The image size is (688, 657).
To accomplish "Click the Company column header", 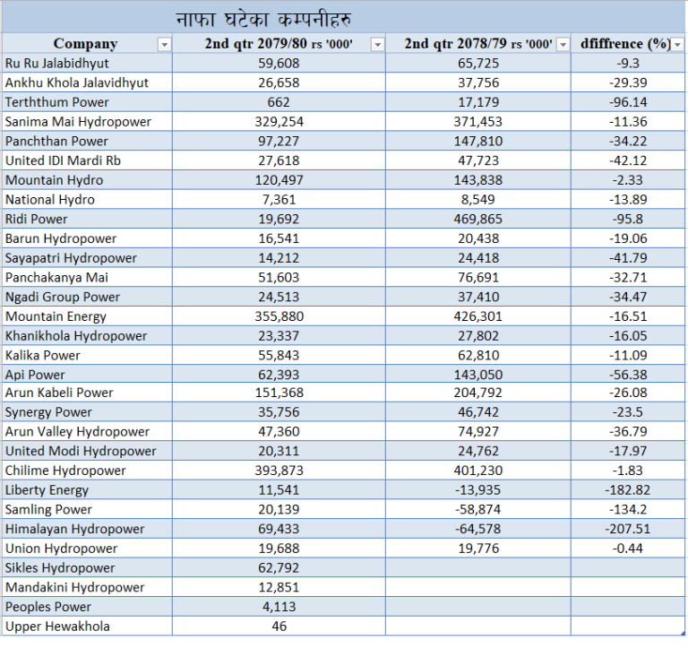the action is pyautogui.click(x=86, y=43).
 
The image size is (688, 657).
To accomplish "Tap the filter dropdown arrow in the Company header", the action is pyautogui.click(x=164, y=44).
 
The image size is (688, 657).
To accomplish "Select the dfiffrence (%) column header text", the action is pyautogui.click(x=625, y=43).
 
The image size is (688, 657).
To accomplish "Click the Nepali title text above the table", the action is pyautogui.click(x=263, y=20).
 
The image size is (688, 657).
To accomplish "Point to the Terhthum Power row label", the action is pyautogui.click(x=57, y=102).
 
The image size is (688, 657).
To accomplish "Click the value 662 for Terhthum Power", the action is pyautogui.click(x=279, y=102).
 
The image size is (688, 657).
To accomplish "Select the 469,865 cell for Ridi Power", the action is pyautogui.click(x=477, y=219).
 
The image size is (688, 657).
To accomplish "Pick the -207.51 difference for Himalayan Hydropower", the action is pyautogui.click(x=627, y=529).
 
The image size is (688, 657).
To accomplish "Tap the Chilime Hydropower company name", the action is pyautogui.click(x=65, y=471).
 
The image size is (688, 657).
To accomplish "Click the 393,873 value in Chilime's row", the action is pyautogui.click(x=279, y=471).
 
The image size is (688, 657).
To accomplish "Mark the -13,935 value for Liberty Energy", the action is pyautogui.click(x=477, y=489).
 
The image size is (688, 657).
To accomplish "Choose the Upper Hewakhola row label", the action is pyautogui.click(x=57, y=627).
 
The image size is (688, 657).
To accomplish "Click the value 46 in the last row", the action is pyautogui.click(x=279, y=627).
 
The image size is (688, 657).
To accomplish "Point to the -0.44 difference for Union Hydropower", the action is pyautogui.click(x=627, y=549).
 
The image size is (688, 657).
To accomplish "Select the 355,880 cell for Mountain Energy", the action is pyautogui.click(x=279, y=316).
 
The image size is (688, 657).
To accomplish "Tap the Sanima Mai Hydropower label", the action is pyautogui.click(x=78, y=122).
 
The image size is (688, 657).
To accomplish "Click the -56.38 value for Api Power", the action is pyautogui.click(x=628, y=375).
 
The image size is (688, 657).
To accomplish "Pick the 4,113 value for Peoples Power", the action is pyautogui.click(x=279, y=607).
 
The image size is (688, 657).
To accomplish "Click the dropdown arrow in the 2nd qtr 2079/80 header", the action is pyautogui.click(x=377, y=44).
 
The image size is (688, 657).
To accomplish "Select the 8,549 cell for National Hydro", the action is pyautogui.click(x=477, y=200).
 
